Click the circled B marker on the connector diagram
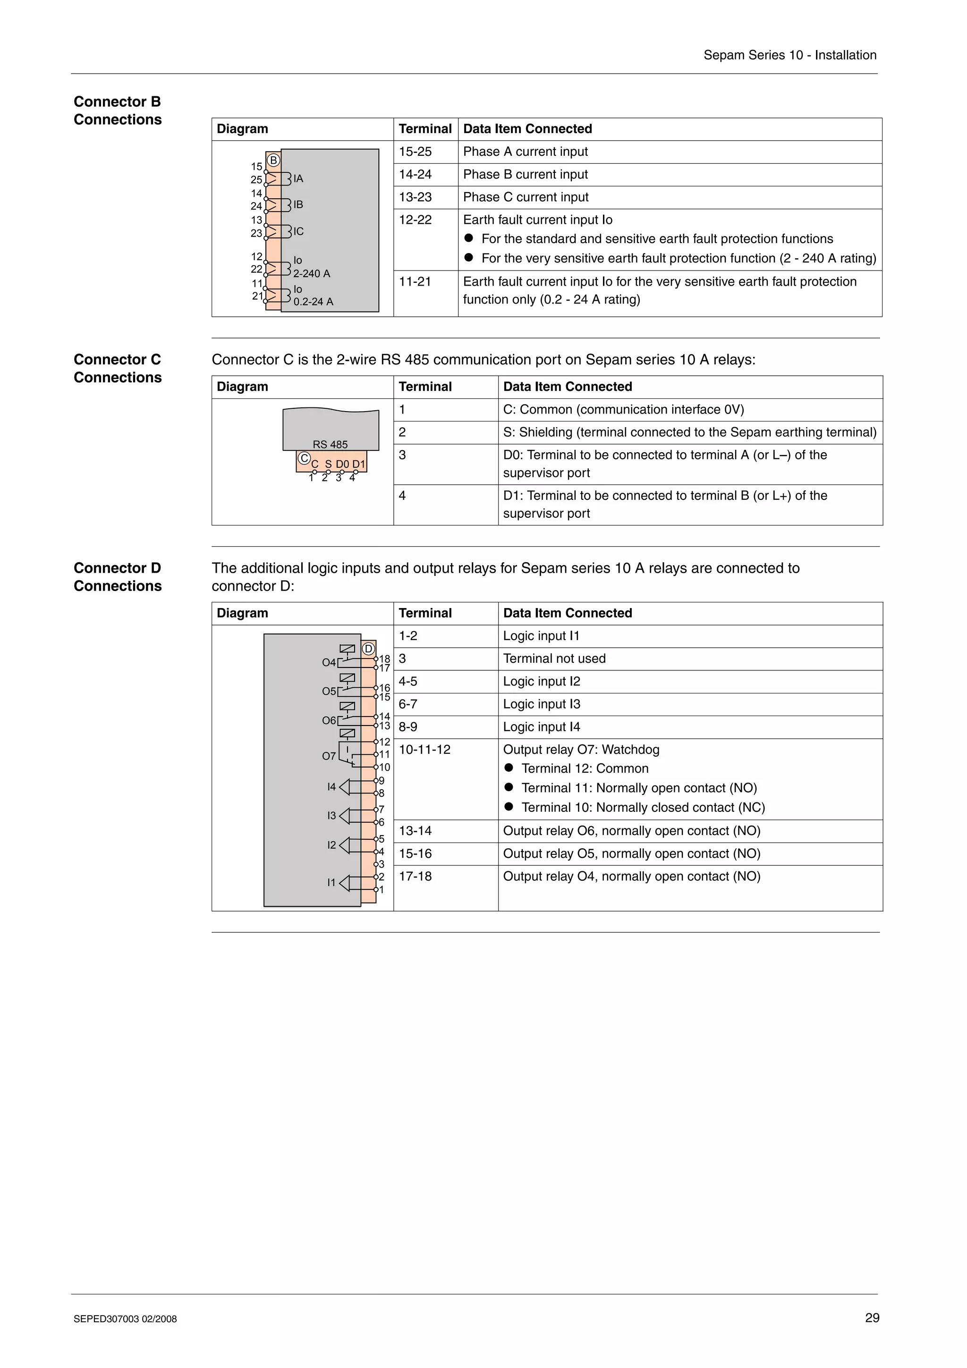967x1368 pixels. [273, 160]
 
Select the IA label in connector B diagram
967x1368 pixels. [298, 179]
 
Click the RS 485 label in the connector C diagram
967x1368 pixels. [330, 445]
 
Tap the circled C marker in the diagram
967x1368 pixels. [304, 458]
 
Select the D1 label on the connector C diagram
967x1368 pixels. [359, 464]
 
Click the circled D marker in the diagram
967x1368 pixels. [368, 649]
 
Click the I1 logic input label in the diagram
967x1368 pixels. [331, 882]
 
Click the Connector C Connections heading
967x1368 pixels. [118, 368]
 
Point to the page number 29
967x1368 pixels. [872, 1318]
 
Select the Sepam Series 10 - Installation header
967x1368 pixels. [789, 55]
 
